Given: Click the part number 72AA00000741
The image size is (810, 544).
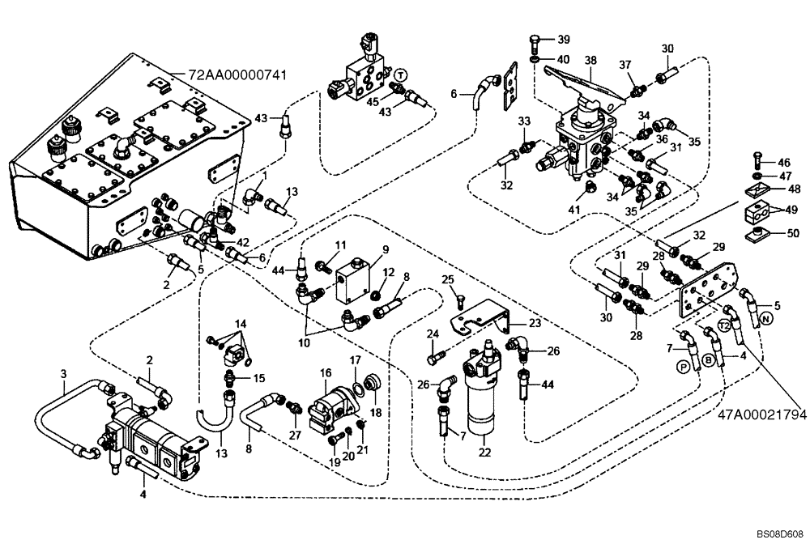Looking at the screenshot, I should [237, 74].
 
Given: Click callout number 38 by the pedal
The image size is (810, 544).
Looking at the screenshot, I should [590, 60].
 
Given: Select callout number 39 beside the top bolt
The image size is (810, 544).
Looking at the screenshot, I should [563, 40].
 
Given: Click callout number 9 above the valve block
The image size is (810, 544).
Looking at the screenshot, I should [386, 249].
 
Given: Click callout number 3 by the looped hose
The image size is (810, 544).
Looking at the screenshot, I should [63, 373].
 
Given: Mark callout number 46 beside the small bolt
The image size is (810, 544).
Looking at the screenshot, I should [784, 163].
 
